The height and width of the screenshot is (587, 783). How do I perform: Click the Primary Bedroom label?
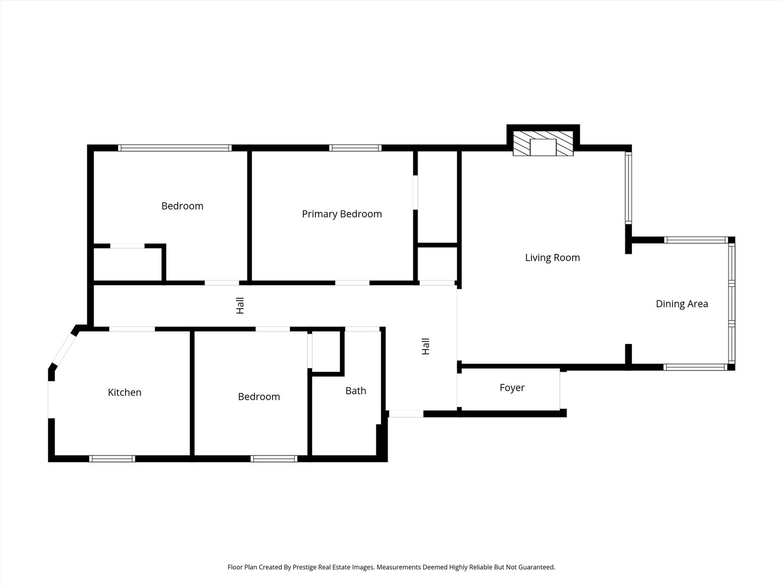(x=341, y=214)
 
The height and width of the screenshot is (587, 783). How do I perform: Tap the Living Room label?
(x=552, y=258)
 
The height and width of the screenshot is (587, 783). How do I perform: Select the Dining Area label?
(x=682, y=304)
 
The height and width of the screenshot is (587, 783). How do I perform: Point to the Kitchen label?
(x=125, y=392)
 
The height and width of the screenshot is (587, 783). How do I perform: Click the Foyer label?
(x=512, y=388)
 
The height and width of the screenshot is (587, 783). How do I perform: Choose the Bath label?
(x=356, y=391)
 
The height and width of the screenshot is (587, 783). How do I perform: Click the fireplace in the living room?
(x=543, y=143)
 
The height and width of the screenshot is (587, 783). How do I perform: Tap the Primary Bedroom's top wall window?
(x=355, y=148)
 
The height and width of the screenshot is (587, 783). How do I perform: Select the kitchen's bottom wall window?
(x=112, y=459)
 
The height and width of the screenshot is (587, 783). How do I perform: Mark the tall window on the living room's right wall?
(x=629, y=188)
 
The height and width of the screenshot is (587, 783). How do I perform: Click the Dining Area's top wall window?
(x=695, y=240)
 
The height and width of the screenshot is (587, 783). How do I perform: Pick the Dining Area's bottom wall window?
(x=695, y=367)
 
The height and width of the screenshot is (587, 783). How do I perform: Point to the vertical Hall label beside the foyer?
(x=426, y=346)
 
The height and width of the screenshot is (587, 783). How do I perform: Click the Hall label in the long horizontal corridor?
(x=240, y=306)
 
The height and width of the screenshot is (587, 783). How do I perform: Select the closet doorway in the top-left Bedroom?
(x=127, y=246)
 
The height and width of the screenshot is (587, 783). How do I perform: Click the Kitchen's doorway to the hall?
(x=132, y=329)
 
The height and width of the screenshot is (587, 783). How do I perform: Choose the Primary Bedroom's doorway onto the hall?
(x=352, y=283)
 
